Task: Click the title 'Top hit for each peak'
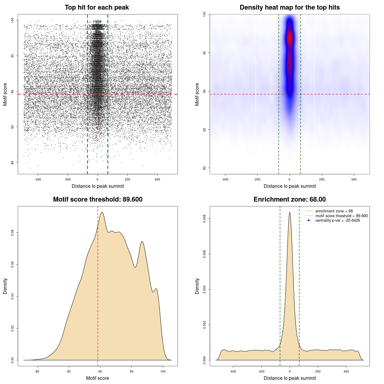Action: (x=97, y=7)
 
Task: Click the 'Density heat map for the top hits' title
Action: (x=289, y=7)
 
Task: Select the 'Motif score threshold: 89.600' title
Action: (x=97, y=199)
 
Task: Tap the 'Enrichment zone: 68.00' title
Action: (x=289, y=199)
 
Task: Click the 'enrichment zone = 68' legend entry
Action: (x=334, y=211)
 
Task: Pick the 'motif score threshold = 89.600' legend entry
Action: (x=341, y=216)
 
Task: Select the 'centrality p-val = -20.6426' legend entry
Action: (x=337, y=220)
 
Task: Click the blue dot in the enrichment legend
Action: (x=309, y=220)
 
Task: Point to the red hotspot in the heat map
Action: (x=289, y=38)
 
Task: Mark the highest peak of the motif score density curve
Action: (x=102, y=212)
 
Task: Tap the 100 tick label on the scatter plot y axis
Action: (x=13, y=20)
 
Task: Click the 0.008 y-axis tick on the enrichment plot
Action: (x=205, y=219)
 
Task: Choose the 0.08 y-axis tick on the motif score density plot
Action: (x=13, y=232)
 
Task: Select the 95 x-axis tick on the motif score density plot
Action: (x=131, y=372)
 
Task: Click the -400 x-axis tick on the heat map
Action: (x=225, y=180)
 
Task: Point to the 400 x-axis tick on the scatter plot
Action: (x=157, y=180)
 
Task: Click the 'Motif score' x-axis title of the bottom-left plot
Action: (x=97, y=378)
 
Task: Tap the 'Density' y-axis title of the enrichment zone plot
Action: (x=197, y=286)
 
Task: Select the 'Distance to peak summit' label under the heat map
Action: (x=289, y=186)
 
